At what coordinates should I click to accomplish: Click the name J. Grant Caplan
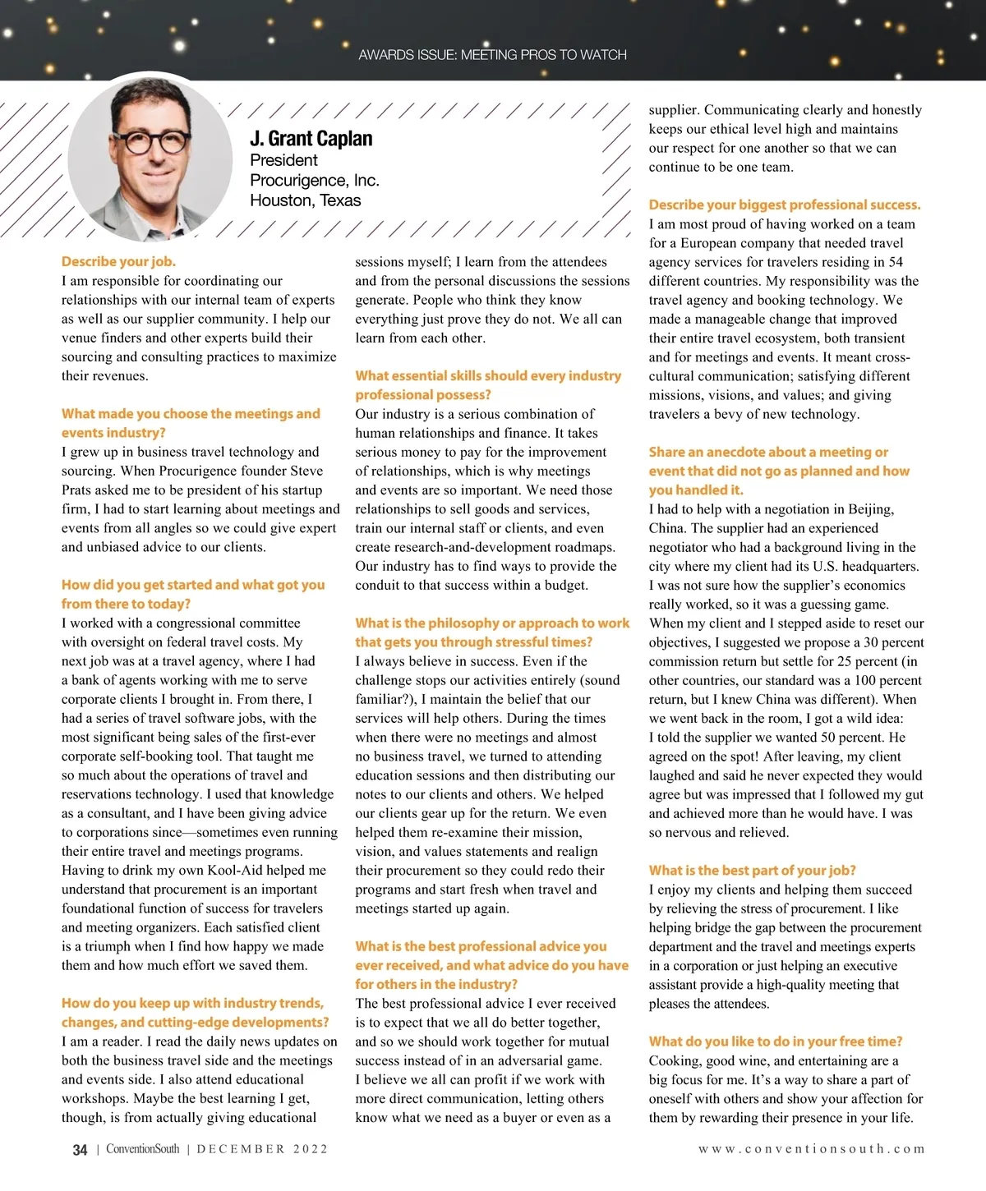click(311, 139)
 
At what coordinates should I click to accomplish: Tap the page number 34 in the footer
click(80, 1150)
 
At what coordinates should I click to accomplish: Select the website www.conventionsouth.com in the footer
click(811, 1149)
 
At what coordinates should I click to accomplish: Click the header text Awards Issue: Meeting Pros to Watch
click(492, 55)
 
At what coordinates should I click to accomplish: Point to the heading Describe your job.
click(118, 262)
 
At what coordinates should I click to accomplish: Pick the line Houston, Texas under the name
click(305, 200)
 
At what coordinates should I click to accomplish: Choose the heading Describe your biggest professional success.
click(784, 205)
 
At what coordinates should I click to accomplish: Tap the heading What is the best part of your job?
click(752, 871)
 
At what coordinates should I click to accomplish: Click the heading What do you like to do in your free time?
click(775, 1042)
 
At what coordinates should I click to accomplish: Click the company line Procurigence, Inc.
click(314, 181)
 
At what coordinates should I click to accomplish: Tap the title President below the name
click(283, 160)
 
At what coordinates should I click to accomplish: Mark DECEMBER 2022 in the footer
click(262, 1149)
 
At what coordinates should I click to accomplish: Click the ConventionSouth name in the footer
click(142, 1149)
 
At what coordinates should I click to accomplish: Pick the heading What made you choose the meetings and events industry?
click(191, 423)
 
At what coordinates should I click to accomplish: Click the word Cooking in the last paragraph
click(675, 1061)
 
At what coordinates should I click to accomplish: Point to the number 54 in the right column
click(895, 262)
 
